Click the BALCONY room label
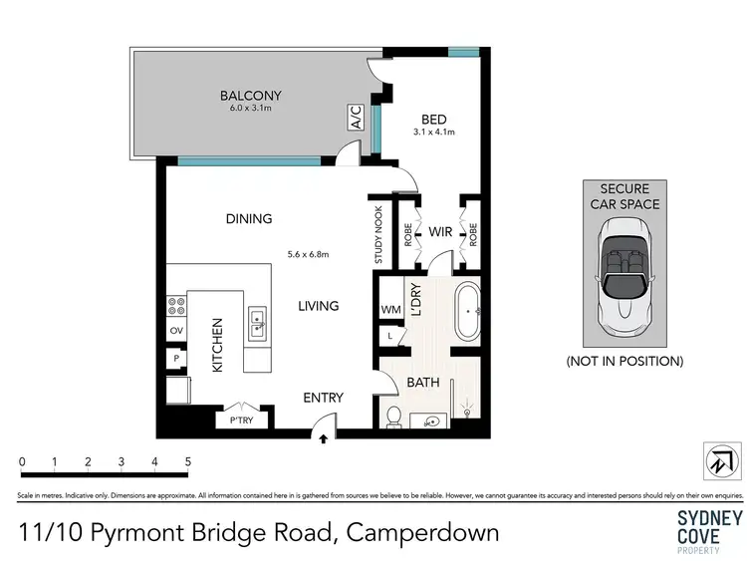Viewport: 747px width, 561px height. [x=250, y=96]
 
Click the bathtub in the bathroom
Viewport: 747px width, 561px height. [x=466, y=312]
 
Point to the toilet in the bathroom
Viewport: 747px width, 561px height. [x=393, y=416]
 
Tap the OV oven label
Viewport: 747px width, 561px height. [x=176, y=331]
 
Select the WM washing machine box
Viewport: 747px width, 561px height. [x=390, y=310]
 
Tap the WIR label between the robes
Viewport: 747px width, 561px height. [x=440, y=232]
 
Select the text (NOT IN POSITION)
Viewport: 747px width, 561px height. [x=623, y=361]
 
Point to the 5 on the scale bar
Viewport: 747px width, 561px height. [x=188, y=461]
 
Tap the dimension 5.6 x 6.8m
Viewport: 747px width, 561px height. [x=308, y=254]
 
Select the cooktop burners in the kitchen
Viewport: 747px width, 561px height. [x=176, y=304]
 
